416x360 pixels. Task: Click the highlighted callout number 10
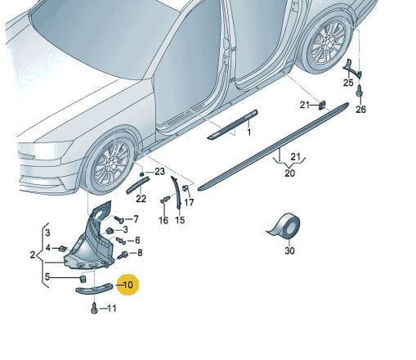(128, 285)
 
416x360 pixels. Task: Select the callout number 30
(289, 250)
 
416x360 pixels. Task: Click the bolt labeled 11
(94, 308)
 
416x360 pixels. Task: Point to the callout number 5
(47, 277)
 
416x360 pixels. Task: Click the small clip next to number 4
(63, 249)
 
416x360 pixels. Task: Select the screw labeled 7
(119, 218)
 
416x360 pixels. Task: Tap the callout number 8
(140, 253)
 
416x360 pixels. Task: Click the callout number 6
(137, 240)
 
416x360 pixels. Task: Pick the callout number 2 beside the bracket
(33, 255)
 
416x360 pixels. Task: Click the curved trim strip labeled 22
(138, 185)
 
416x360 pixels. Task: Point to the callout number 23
(159, 172)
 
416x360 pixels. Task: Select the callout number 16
(163, 220)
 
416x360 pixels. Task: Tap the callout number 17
(189, 202)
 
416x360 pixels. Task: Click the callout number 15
(180, 219)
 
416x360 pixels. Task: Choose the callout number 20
(290, 173)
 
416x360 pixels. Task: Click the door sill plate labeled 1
(232, 124)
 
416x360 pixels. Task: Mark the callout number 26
(361, 110)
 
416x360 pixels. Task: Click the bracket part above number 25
(352, 69)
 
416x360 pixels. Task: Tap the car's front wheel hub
(111, 164)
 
